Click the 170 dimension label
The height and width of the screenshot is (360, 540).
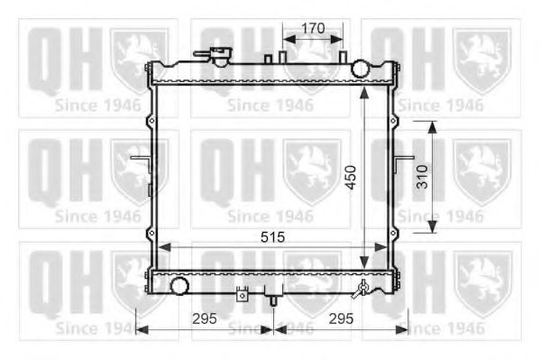click(313, 28)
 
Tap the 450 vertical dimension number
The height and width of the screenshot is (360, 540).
click(351, 176)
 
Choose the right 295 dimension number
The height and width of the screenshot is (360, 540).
click(339, 318)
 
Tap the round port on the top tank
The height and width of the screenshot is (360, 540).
click(361, 69)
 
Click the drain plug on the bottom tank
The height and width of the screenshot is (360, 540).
click(362, 289)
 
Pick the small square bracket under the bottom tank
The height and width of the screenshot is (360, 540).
click(241, 294)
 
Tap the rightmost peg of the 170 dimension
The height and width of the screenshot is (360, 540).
click(343, 56)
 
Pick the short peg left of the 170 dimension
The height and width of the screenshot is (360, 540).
click(268, 59)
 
